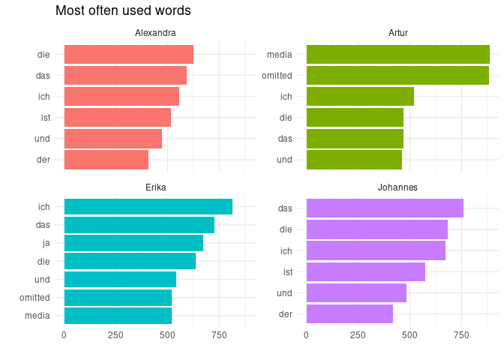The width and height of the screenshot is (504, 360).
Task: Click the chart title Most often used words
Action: point(123,11)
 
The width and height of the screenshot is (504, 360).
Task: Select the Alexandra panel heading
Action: point(155,33)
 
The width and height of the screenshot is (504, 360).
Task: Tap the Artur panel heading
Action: point(398,33)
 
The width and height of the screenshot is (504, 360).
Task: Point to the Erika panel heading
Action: point(155,187)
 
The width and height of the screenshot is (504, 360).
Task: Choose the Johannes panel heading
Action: point(398,187)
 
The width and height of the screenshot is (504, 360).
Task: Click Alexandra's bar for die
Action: point(128,55)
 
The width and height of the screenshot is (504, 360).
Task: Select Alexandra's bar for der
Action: point(106,160)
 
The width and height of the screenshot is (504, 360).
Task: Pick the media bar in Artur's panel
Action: point(397,55)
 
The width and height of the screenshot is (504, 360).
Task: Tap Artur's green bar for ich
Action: point(360,97)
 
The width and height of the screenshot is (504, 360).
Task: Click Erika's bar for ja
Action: point(133,243)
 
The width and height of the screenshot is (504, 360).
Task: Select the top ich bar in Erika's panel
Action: point(148,207)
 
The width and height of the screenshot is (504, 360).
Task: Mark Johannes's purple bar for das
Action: point(385,208)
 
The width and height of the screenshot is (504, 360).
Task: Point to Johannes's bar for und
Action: point(356,292)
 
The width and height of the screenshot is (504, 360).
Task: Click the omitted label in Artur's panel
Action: point(277,76)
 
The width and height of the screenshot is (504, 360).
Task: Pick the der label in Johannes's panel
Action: point(285,313)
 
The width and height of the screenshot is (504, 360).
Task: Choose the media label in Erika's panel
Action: point(37,315)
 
